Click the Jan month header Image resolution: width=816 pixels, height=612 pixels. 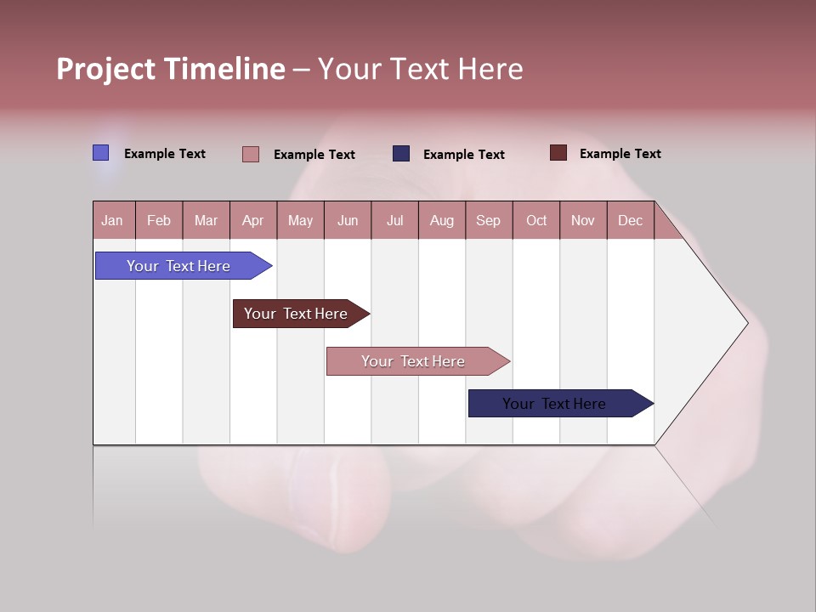pyautogui.click(x=112, y=220)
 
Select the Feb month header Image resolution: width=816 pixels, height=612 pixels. pyautogui.click(x=159, y=220)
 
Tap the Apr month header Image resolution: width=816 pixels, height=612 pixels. pyautogui.click(x=252, y=220)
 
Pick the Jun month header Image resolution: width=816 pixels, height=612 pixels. pyautogui.click(x=348, y=220)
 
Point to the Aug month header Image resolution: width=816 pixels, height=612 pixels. pyautogui.click(x=442, y=220)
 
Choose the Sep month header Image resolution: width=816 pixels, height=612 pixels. pyautogui.click(x=488, y=220)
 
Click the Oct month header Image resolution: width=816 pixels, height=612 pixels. pyautogui.click(x=536, y=220)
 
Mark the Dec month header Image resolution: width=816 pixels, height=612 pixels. pyautogui.click(x=631, y=220)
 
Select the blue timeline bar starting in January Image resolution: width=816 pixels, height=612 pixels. pyautogui.click(x=178, y=266)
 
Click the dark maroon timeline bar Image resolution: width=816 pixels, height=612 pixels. pyautogui.click(x=296, y=314)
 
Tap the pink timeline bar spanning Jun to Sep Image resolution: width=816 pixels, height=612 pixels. pyautogui.click(x=413, y=361)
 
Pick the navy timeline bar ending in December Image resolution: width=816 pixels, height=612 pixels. pyautogui.click(x=554, y=404)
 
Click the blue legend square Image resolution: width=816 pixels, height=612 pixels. pyautogui.click(x=101, y=153)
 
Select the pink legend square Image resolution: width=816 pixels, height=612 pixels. pyautogui.click(x=251, y=154)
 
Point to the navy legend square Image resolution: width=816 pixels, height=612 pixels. pyautogui.click(x=401, y=154)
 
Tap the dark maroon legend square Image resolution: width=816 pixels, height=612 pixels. pyautogui.click(x=558, y=153)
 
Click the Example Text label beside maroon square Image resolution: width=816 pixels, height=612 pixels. pyautogui.click(x=620, y=154)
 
